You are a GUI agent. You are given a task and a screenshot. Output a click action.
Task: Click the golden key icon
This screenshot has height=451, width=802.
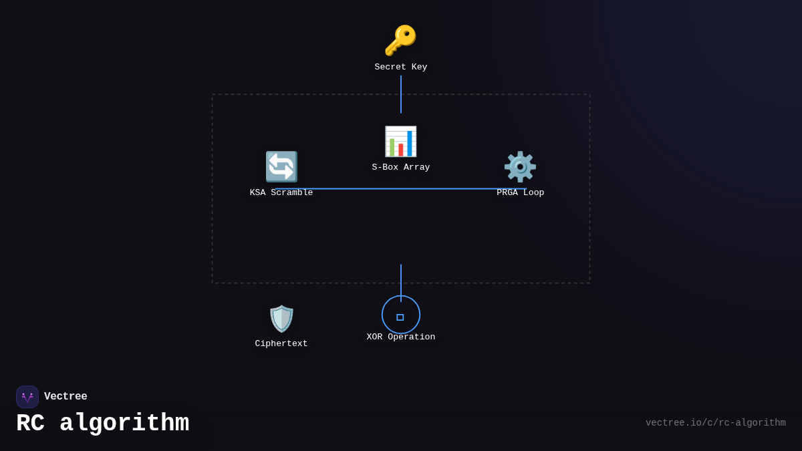coord(400,40)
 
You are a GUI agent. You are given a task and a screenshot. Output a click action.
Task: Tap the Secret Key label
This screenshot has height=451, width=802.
coord(401,67)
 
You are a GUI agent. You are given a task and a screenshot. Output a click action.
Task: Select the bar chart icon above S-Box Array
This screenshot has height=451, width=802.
coord(400,141)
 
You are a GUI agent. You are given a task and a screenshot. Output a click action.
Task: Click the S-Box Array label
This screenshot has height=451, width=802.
coord(401,168)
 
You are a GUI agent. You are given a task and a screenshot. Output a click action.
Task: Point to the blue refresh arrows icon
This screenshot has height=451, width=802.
coord(281,166)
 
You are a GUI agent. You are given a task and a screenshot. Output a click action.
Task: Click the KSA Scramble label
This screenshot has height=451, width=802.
coord(281,193)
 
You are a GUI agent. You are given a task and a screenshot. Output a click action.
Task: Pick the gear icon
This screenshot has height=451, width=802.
coord(520,166)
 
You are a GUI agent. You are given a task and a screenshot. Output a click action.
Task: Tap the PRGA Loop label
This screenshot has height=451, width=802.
coord(520,193)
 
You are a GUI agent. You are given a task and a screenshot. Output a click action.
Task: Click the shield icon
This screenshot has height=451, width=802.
coord(281,319)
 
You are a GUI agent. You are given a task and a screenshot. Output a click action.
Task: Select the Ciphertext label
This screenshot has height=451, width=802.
coord(281,344)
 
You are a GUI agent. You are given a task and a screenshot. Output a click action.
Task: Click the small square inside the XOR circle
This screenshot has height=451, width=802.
coord(400,317)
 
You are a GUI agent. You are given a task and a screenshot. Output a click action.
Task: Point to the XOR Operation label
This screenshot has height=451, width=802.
coord(401,337)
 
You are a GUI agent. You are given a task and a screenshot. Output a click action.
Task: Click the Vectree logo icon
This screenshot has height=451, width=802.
coord(27,397)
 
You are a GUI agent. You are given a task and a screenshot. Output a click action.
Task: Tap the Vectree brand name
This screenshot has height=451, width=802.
coord(65,397)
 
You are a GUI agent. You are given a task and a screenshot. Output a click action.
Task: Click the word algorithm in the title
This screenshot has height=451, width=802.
coord(124,424)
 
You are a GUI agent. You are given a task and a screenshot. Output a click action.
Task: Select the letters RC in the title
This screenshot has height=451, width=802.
coord(30,424)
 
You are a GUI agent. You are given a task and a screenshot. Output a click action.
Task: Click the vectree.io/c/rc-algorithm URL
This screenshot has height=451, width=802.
coord(715,423)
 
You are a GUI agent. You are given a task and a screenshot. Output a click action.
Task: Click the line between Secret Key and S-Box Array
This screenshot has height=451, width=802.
coord(401,94)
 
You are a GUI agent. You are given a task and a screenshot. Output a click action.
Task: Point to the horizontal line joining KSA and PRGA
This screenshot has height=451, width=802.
coord(401,189)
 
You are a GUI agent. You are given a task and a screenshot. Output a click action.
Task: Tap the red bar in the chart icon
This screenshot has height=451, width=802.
coord(401,150)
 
